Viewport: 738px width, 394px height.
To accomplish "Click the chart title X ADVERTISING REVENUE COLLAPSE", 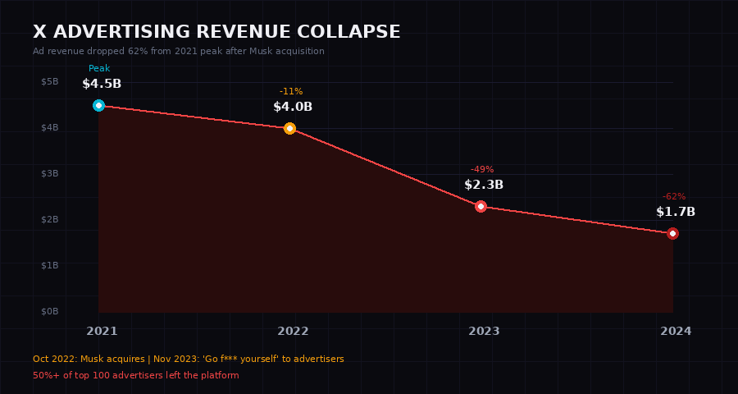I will [216, 32].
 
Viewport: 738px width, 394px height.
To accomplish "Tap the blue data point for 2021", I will [98, 105].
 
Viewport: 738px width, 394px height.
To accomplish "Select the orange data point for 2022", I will [289, 128].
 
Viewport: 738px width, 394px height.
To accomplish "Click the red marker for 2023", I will [481, 206].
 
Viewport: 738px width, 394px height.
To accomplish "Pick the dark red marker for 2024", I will [672, 234].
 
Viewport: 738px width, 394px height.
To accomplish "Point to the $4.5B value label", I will [102, 84].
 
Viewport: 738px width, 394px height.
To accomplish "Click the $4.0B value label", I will [293, 107].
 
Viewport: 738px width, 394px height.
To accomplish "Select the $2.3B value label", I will [484, 185].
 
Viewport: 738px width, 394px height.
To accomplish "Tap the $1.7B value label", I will [676, 212].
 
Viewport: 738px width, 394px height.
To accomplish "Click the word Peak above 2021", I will [99, 69].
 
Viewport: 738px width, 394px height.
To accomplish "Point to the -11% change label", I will [291, 91].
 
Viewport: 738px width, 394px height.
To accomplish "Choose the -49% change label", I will [482, 169].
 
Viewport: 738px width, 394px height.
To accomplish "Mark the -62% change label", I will [674, 197].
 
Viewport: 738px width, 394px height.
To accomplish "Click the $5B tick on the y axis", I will [50, 81].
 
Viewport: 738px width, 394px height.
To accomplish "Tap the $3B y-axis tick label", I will [50, 173].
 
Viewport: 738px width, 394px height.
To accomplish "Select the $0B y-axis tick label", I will [50, 311].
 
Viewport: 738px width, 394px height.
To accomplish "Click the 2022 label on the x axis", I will [293, 331].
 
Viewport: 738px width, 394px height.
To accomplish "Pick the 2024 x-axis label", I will [676, 331].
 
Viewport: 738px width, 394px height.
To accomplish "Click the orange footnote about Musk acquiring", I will [189, 359].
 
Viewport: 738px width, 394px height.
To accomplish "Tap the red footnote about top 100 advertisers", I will [136, 375].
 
